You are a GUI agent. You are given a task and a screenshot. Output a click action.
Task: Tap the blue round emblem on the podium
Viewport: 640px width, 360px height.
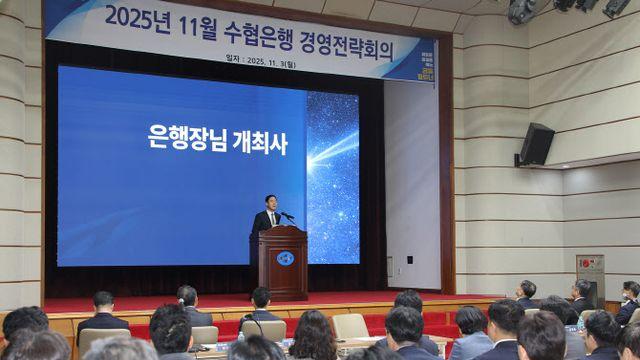(285, 258)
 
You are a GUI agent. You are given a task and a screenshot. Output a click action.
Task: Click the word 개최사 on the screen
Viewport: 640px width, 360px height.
(258, 142)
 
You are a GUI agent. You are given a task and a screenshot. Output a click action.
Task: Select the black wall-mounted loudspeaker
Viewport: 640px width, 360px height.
(536, 144)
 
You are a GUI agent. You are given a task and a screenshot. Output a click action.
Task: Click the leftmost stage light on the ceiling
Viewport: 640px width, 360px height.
(521, 10)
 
